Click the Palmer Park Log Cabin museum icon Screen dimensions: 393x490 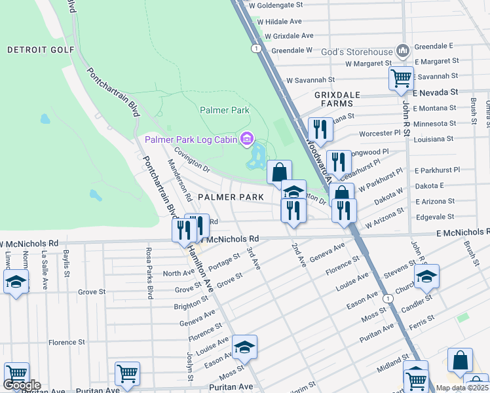[246, 139]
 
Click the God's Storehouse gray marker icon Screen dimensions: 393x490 [402, 50]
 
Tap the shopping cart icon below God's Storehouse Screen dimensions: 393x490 [401, 79]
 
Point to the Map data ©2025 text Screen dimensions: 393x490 [461, 388]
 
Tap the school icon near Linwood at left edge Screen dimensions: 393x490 [15, 282]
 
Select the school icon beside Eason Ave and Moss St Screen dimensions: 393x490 [244, 346]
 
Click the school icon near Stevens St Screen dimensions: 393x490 [426, 276]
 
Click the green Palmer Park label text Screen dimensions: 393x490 [225, 110]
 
